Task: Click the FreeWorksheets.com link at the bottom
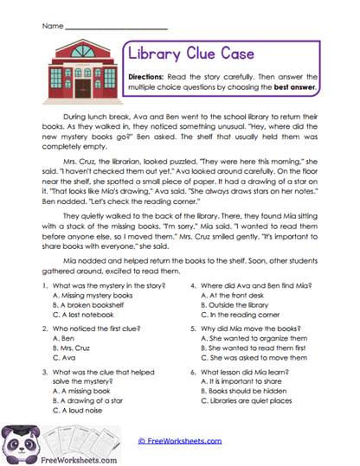182,440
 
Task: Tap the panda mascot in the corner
20,438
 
